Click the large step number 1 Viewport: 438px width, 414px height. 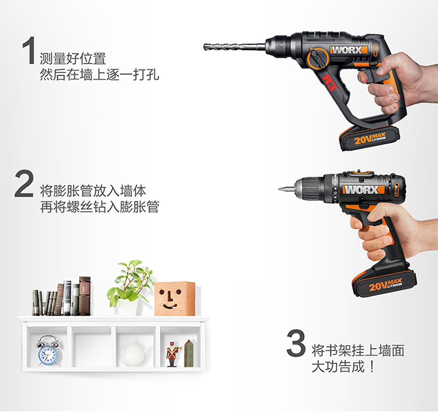[29, 50]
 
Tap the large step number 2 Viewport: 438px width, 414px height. [25, 183]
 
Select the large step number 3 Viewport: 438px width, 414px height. [296, 343]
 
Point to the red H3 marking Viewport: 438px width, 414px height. [329, 82]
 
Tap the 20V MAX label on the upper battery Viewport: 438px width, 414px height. [369, 138]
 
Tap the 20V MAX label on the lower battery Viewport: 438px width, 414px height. [385, 285]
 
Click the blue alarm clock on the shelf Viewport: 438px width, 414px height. [48, 351]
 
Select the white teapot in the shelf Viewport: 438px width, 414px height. [133, 353]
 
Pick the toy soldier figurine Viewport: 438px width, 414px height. [172, 354]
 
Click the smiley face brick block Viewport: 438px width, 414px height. [175, 298]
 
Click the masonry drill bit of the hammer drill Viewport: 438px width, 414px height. [234, 47]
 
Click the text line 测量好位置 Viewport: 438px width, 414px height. [73, 58]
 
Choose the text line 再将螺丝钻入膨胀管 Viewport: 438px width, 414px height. [99, 207]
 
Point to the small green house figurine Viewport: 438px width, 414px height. [189, 353]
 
